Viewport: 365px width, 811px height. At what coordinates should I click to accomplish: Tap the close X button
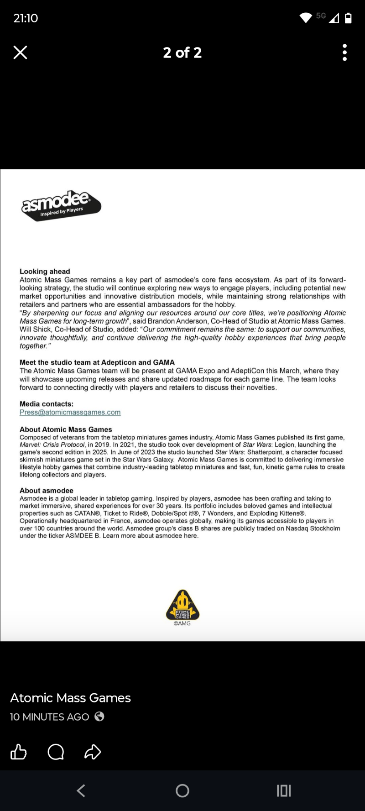(21, 52)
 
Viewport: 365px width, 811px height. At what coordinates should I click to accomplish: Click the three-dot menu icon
(344, 52)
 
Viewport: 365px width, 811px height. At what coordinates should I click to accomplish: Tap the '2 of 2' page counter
(182, 52)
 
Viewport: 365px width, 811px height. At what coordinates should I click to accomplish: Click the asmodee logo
(61, 205)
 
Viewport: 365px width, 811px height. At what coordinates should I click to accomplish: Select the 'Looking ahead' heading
(45, 271)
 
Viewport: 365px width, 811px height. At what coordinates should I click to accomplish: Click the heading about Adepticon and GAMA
(97, 362)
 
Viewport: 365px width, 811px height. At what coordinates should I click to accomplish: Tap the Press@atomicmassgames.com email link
(70, 412)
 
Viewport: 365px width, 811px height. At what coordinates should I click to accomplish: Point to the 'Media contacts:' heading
(46, 404)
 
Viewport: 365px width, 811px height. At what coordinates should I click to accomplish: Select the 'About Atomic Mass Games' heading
(66, 429)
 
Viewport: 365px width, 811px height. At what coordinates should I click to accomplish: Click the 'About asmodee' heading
(46, 491)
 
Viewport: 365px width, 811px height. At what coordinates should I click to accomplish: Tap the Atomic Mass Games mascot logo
(182, 604)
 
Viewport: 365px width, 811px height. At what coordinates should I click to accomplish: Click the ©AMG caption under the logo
(182, 623)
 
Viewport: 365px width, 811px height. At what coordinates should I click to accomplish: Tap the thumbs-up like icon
(19, 752)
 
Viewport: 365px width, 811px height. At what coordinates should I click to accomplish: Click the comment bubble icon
(56, 752)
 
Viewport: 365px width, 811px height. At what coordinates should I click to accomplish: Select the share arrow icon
(93, 752)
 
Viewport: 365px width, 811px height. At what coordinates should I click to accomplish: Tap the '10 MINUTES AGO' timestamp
(50, 717)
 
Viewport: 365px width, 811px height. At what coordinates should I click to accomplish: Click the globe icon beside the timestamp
(99, 717)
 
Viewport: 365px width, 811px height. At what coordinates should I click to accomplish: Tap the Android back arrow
(81, 790)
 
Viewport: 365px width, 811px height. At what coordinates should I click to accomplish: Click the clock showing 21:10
(26, 18)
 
